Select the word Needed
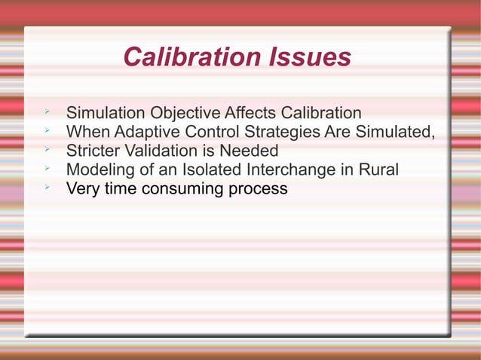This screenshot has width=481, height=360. [250, 151]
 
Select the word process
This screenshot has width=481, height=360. [256, 190]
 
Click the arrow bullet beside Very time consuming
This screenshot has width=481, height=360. [47, 187]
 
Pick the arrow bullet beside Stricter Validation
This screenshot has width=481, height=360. [47, 149]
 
